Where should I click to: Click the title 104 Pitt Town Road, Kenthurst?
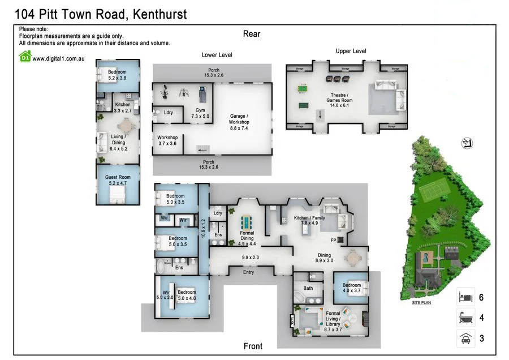[x=101, y=14]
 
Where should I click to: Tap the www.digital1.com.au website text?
[x=58, y=58]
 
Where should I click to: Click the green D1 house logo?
[x=25, y=56]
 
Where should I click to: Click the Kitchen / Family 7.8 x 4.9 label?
[x=309, y=221]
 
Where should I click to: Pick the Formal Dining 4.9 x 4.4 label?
[x=247, y=238]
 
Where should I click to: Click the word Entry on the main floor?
[x=248, y=272]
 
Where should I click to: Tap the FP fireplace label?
[x=334, y=240]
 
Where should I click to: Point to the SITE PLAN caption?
[x=421, y=303]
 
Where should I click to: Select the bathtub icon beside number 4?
[x=465, y=318]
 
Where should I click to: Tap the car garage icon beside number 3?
[x=465, y=339]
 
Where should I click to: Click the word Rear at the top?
[x=252, y=34]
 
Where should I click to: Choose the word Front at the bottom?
[x=253, y=346]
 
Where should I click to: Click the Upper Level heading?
[x=351, y=51]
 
